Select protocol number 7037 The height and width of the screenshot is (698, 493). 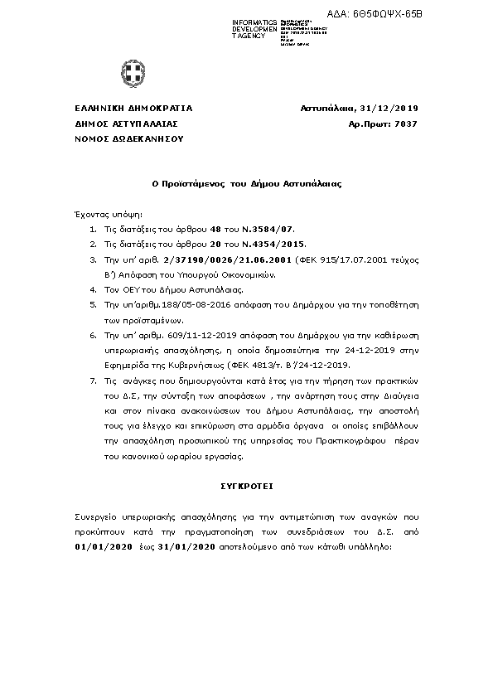coord(407,124)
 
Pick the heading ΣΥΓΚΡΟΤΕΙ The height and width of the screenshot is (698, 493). coord(246,484)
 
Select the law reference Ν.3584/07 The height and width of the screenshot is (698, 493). coord(268,228)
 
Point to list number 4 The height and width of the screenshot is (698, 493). coord(91,291)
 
